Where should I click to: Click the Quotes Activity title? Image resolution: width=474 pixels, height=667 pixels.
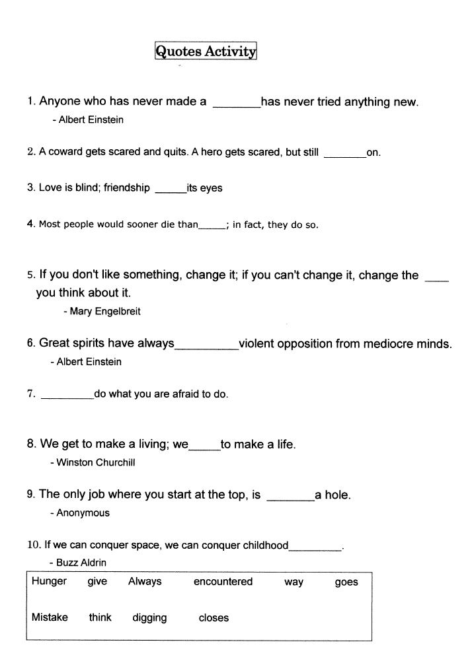205,52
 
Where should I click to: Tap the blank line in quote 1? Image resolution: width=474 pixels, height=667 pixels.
236,104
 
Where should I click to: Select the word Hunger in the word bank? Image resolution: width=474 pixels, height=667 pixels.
49,581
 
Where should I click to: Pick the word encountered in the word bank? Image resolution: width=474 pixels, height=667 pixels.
223,582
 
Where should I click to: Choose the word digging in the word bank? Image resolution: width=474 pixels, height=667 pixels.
149,618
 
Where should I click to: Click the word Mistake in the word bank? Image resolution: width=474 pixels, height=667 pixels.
50,617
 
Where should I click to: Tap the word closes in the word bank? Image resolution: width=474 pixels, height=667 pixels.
214,618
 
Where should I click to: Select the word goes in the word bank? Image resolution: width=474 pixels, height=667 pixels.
346,582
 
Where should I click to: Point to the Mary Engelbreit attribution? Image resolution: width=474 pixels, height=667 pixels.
105,311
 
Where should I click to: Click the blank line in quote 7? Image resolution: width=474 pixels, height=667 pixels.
67,397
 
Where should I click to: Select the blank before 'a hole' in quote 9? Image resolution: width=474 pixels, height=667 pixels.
290,499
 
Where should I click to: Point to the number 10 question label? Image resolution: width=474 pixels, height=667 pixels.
33,545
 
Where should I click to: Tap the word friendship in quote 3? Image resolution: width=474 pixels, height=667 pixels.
127,188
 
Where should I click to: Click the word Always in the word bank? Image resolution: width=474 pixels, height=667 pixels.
145,582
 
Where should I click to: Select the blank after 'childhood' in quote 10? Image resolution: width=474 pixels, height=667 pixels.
315,549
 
